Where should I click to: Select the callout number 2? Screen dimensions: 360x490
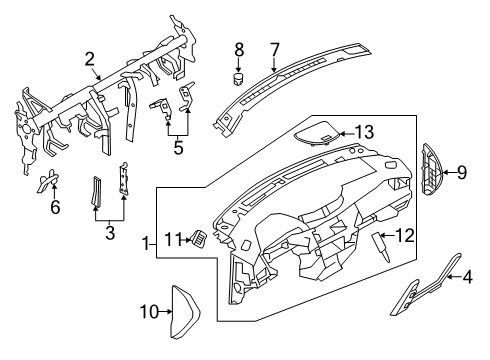(89, 60)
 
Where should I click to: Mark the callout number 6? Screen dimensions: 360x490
(54, 207)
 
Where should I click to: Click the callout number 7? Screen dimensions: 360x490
(274, 49)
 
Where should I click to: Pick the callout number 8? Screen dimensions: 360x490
(238, 48)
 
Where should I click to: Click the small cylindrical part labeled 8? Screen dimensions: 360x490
(239, 75)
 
